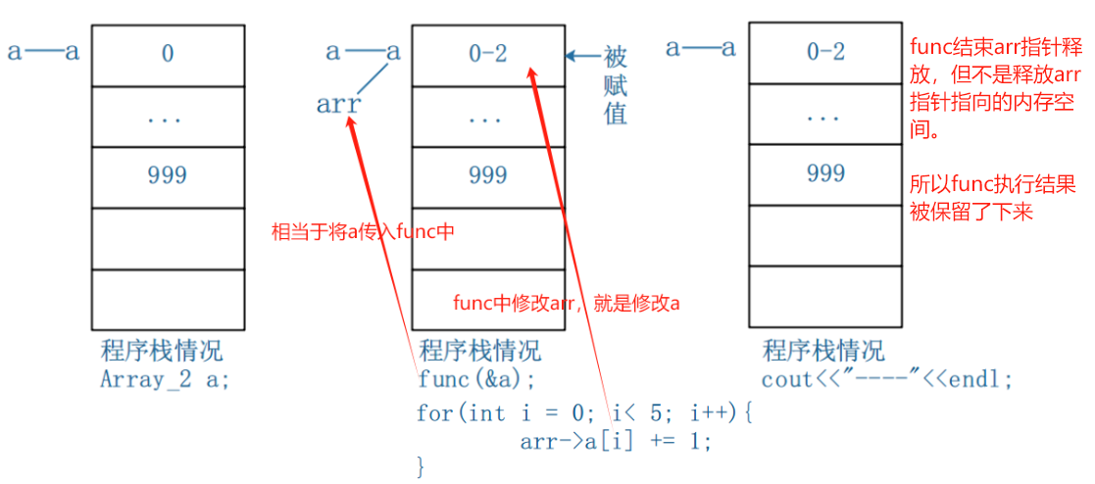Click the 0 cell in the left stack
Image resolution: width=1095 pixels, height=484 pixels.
(x=168, y=54)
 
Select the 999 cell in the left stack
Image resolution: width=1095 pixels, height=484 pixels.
(x=168, y=175)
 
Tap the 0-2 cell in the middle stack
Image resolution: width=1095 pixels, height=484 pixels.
(x=487, y=54)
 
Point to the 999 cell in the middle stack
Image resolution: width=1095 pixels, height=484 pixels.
(x=487, y=175)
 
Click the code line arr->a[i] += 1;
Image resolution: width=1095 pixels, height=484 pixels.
(x=615, y=441)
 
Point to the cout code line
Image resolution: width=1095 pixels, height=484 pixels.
(x=886, y=379)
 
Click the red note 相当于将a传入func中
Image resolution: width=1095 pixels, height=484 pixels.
(x=364, y=233)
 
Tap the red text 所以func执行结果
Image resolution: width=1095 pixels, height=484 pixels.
(x=993, y=185)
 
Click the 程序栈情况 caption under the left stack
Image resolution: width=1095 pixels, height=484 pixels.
(x=162, y=351)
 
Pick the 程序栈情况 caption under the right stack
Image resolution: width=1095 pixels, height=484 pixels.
(x=823, y=350)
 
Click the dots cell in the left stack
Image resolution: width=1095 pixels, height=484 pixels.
(x=168, y=117)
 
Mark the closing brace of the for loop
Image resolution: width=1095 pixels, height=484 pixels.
(x=423, y=466)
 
